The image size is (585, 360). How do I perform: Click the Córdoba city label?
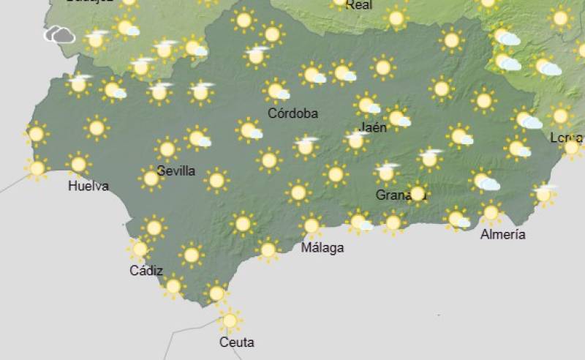(x=292, y=113)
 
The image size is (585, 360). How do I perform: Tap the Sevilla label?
(x=176, y=171)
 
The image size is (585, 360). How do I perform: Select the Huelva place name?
(x=88, y=186)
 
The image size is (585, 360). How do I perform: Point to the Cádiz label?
(x=146, y=271)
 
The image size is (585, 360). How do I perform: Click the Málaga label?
(x=322, y=247)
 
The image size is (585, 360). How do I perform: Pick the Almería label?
(x=503, y=234)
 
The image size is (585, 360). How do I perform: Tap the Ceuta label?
(x=236, y=342)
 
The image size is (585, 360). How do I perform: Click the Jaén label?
(x=374, y=127)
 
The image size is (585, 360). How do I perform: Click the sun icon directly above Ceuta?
(x=230, y=320)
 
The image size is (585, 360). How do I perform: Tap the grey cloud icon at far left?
(x=59, y=34)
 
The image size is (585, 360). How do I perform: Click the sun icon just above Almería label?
(x=491, y=213)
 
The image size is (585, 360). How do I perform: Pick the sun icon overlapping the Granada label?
(x=418, y=193)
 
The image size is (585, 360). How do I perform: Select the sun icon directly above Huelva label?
(x=78, y=164)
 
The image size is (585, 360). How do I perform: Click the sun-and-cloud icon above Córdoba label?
(x=276, y=91)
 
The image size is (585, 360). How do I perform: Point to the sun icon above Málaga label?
(x=312, y=225)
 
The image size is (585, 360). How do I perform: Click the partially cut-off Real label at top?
(x=358, y=4)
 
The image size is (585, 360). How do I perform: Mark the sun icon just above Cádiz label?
(x=140, y=250)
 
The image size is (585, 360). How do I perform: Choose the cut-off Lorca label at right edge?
(x=566, y=138)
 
